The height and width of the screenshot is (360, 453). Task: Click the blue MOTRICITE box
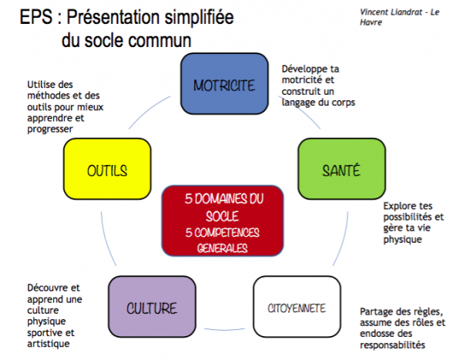pos(224,83)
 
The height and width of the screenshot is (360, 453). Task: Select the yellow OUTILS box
pos(107,169)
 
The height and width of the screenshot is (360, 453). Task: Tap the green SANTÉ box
pos(342,169)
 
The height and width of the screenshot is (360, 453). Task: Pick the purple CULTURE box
pos(152,307)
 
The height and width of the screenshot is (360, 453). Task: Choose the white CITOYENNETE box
pos(297,307)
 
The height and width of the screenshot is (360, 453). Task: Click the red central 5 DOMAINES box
pos(223,221)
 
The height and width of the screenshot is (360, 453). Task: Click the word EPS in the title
pos(36,17)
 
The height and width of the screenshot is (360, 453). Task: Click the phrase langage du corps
pos(318,103)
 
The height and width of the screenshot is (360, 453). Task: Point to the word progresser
pos(50,130)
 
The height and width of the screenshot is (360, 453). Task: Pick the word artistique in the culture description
pos(49,344)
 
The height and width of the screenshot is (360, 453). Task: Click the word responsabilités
pos(393,345)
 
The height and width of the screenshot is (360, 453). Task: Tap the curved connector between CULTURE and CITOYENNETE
pos(224,329)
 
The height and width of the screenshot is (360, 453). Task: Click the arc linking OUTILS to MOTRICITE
pos(147,110)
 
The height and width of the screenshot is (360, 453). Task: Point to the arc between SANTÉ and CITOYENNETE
pos(343,240)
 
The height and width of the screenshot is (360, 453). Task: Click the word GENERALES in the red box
pos(223,248)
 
